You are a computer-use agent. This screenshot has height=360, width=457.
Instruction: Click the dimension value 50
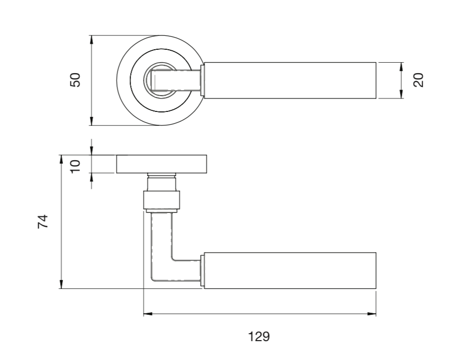click(x=75, y=80)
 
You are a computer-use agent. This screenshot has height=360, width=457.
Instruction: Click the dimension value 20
click(x=419, y=80)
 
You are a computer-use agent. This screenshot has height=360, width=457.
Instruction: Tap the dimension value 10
click(x=75, y=165)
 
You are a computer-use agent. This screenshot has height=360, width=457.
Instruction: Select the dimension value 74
click(x=44, y=221)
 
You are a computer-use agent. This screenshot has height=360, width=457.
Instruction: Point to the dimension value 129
click(x=259, y=337)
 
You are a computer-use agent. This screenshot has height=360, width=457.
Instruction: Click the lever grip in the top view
click(x=290, y=81)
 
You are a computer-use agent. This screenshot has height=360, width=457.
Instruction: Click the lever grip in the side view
click(x=290, y=270)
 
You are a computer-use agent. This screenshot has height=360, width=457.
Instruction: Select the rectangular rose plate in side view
click(x=162, y=164)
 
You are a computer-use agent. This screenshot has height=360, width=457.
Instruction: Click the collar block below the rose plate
click(x=162, y=200)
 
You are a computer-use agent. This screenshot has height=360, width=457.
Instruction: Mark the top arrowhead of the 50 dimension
click(x=91, y=39)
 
